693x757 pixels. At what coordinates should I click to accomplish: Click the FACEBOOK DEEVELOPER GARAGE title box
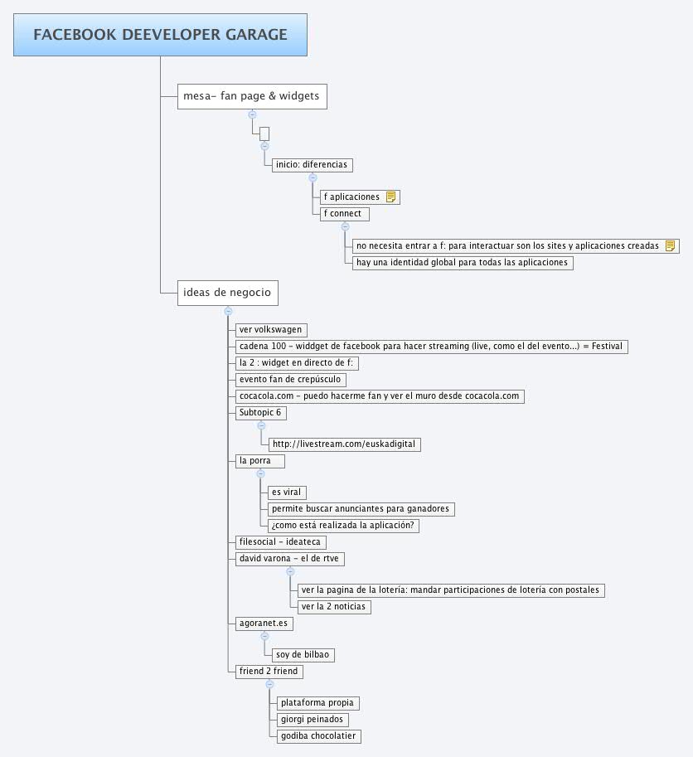coord(160,35)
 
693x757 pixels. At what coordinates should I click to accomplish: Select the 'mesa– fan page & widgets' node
coord(252,96)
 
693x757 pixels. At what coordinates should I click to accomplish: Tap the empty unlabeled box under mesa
coord(264,133)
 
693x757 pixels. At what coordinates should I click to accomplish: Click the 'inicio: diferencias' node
coord(313,165)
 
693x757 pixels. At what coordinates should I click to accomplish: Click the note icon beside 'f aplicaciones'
coord(391,197)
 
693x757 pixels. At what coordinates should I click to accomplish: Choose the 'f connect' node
coord(345,214)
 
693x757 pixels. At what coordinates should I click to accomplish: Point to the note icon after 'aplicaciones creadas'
coord(670,245)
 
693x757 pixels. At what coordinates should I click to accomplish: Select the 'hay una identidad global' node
coord(463,263)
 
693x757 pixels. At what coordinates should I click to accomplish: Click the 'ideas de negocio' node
coord(228,293)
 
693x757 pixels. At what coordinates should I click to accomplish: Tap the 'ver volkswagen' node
coord(271,330)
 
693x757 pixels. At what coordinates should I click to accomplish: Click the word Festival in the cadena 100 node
coord(607,346)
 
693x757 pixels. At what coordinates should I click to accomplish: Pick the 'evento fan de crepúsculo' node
coord(290,380)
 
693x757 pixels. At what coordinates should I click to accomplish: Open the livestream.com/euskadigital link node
coord(345,444)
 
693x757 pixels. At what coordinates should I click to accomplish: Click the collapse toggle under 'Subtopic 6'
coord(261,426)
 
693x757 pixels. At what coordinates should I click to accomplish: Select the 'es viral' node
coord(287,493)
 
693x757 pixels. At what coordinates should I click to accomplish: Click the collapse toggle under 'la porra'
coord(260,473)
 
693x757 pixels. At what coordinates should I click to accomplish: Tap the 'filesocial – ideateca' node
coord(281,542)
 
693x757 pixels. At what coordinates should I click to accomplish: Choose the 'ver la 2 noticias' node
coord(334,607)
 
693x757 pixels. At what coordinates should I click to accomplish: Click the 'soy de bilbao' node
coord(303,655)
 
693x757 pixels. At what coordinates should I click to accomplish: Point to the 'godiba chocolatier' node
coord(319,736)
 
